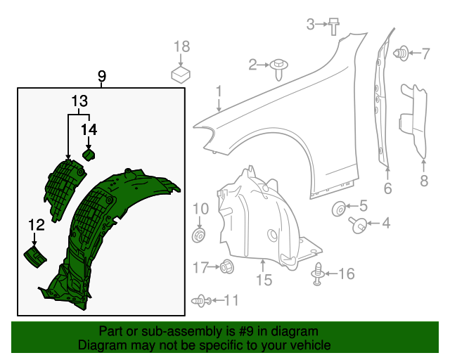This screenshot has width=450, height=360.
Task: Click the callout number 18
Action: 181,46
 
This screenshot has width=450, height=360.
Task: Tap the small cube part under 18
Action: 181,73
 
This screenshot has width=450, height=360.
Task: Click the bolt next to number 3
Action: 334,27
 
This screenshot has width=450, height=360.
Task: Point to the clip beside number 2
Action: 281,66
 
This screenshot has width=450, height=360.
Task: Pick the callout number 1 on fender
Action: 219,91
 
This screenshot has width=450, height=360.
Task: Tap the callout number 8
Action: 424,181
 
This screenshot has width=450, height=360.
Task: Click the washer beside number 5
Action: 338,207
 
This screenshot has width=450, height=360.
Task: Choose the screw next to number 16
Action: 319,274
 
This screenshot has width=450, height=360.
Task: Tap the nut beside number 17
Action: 227,266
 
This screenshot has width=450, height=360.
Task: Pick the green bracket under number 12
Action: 34,257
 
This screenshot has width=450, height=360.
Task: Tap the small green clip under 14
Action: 89,155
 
